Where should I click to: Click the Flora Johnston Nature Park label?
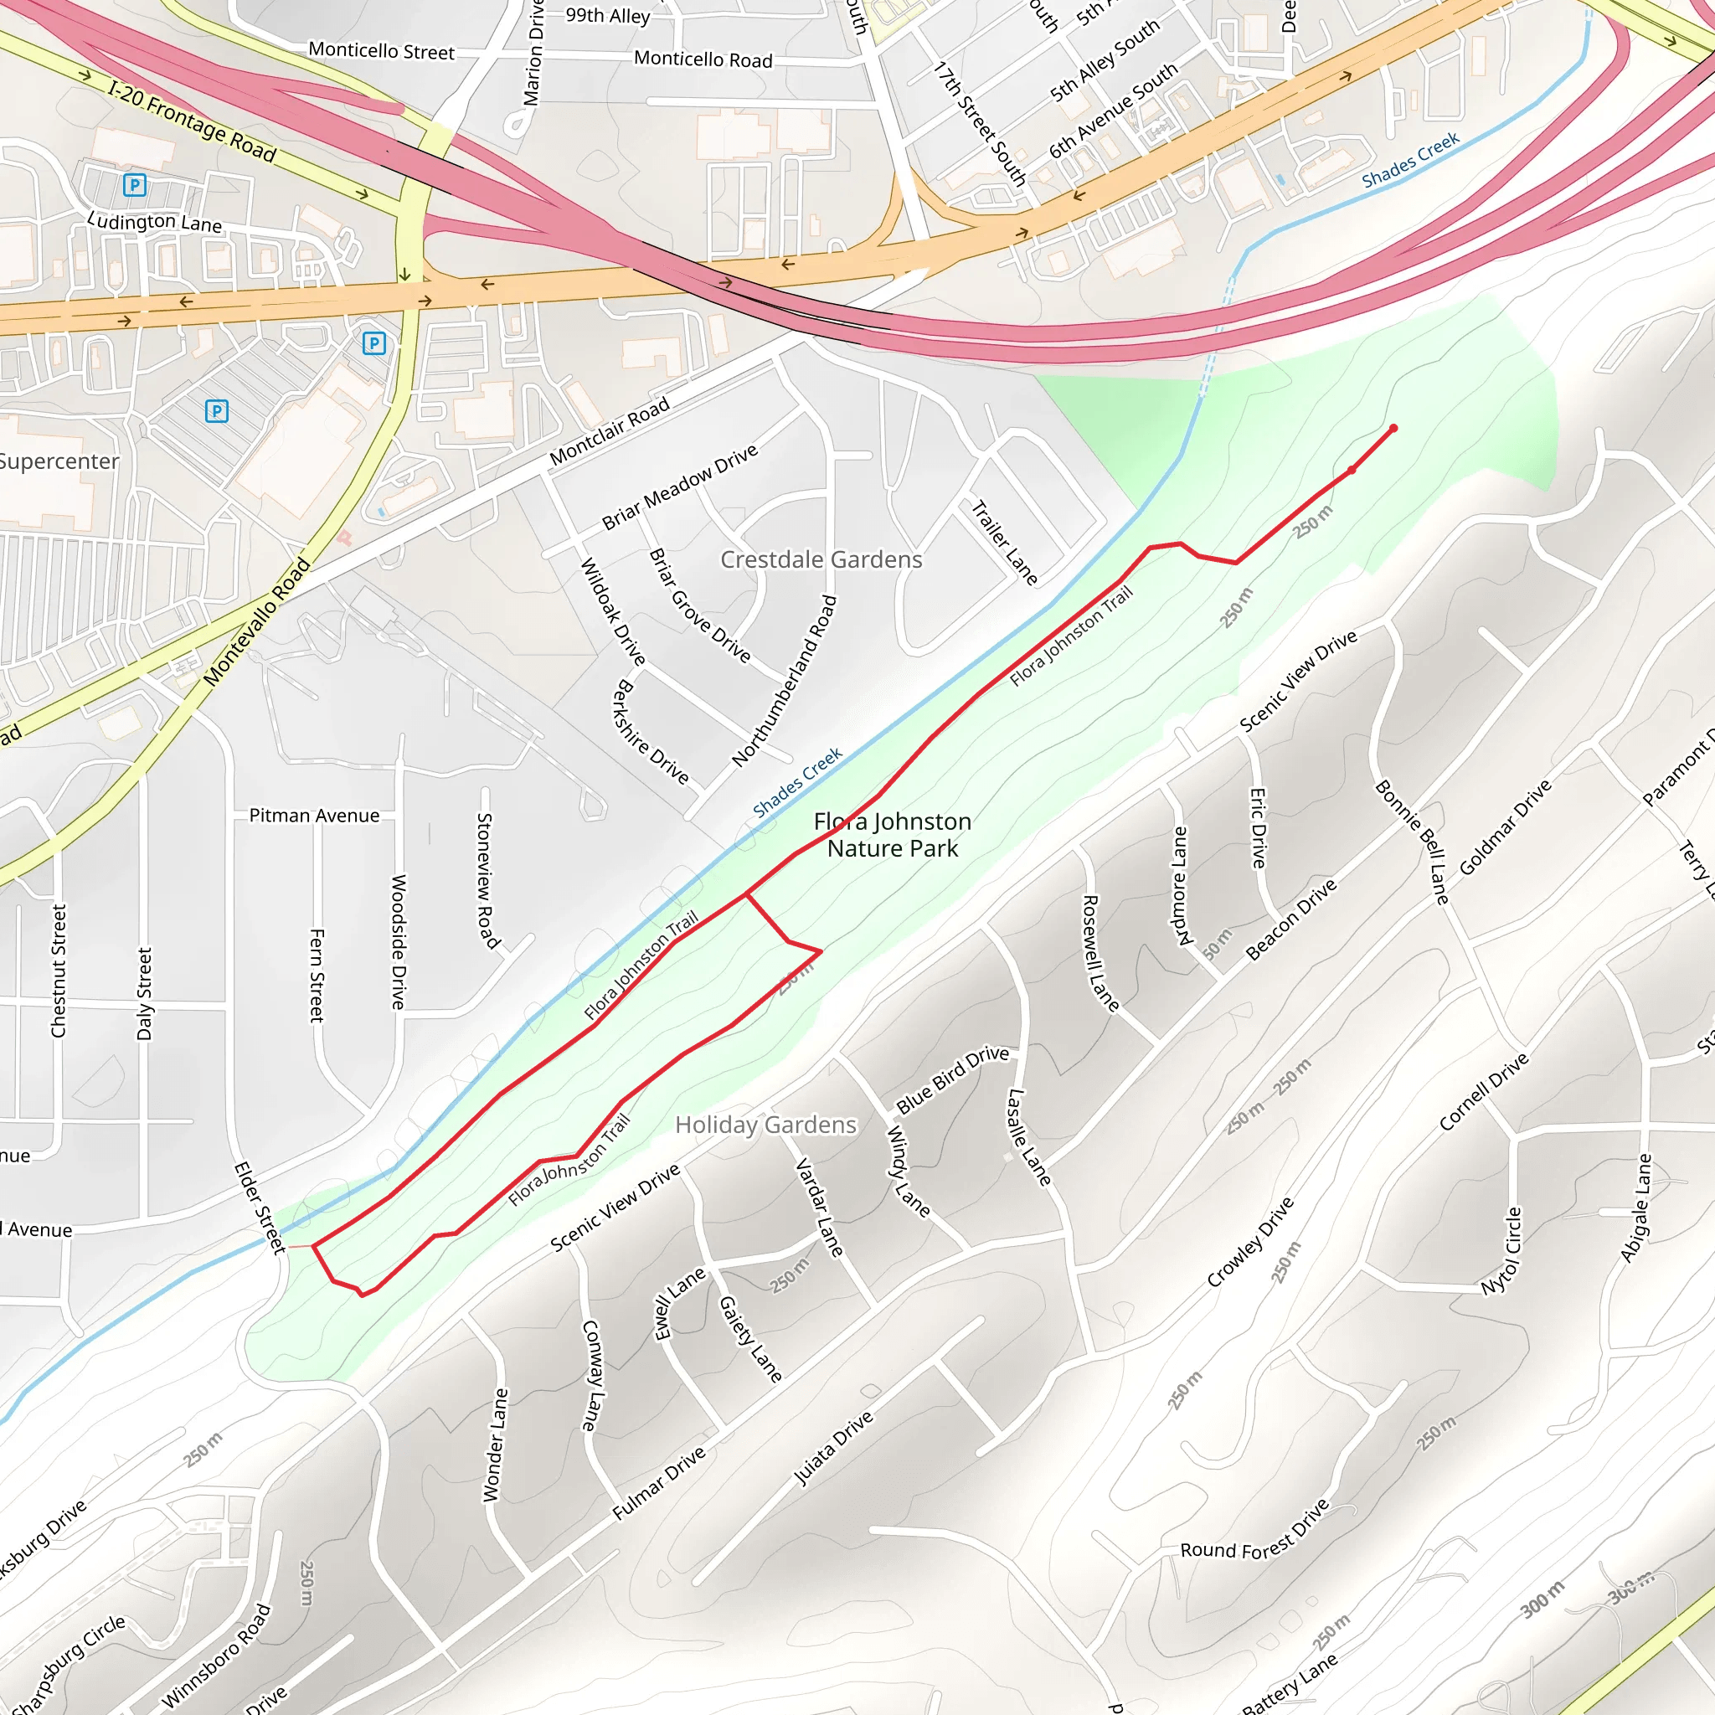tap(892, 834)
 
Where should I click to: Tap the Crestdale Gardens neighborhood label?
tap(821, 560)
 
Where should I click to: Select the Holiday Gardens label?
tap(765, 1125)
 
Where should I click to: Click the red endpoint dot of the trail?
tap(1393, 429)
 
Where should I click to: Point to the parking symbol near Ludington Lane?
tap(135, 184)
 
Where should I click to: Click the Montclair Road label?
tap(609, 431)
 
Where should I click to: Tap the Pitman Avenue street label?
tap(314, 815)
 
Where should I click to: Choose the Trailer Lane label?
tap(1004, 543)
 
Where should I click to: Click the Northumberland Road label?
tap(785, 681)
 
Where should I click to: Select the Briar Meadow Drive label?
tap(680, 487)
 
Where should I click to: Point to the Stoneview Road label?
tap(488, 880)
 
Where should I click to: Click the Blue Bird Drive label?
tap(952, 1079)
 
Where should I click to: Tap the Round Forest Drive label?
tap(1254, 1550)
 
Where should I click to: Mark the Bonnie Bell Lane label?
tap(1411, 842)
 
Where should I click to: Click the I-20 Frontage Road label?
tap(192, 121)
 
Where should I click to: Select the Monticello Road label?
tap(703, 59)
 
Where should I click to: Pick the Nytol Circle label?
tap(1501, 1251)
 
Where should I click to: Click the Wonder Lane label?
tap(496, 1445)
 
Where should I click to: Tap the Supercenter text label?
tap(59, 461)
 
